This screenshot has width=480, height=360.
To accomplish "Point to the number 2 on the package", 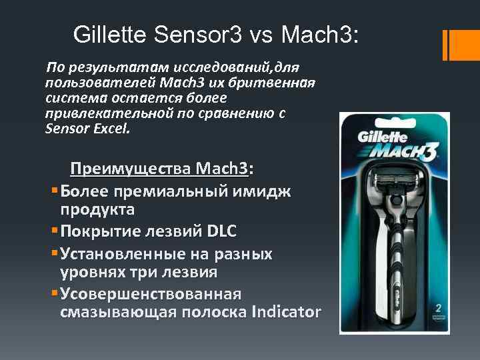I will coord(438,308).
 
